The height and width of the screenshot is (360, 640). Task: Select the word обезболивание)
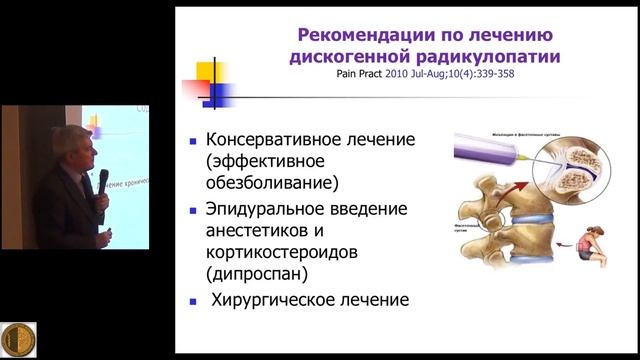pos(271,184)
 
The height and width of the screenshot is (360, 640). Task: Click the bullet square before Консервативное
pos(192,141)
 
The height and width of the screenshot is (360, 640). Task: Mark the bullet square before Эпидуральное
pos(192,209)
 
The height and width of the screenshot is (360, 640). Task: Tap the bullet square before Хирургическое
pos(192,299)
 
